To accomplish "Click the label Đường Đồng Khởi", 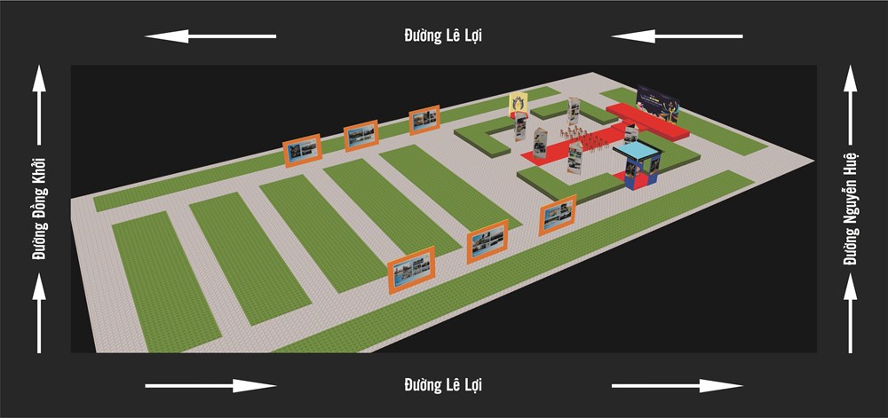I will (x=39, y=210).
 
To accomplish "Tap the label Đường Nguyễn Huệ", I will (x=850, y=210).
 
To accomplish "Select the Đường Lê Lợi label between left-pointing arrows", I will (x=443, y=35).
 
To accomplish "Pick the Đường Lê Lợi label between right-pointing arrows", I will (x=443, y=385).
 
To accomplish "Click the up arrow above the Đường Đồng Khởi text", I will (x=39, y=105).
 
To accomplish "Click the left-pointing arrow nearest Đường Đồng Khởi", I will (x=210, y=36).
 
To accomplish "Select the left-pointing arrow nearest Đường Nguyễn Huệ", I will (x=677, y=36).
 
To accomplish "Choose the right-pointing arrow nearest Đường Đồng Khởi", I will (x=211, y=385).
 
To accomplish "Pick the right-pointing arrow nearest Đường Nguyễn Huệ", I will (x=678, y=385).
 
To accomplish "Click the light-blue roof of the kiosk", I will (x=637, y=147).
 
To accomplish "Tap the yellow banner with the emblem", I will (x=519, y=104).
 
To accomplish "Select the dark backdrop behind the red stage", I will (x=658, y=103).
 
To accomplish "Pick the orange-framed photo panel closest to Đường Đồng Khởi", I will (x=302, y=151).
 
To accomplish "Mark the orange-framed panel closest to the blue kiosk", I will (x=559, y=215).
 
